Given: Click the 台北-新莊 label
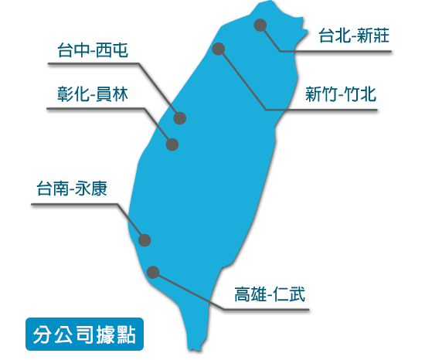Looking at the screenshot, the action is point(354,36).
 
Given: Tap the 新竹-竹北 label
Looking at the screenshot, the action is point(341,94).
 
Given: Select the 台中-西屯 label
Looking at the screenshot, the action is point(93,50).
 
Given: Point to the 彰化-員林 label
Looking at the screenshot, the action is point(93,94).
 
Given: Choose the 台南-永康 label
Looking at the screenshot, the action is point(72,188).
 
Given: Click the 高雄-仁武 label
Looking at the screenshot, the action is point(270,294).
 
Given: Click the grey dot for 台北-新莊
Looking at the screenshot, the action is point(260,25).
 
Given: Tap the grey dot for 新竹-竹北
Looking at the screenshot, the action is point(219,49).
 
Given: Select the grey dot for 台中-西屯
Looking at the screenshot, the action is point(180,118).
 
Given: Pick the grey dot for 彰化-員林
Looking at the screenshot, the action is point(172,144).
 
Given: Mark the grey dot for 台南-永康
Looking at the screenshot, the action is point(144,240).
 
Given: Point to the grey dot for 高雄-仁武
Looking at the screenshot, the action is point(153,272).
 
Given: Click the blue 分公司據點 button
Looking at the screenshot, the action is point(84,335).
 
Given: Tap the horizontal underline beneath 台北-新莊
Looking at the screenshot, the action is point(335,51).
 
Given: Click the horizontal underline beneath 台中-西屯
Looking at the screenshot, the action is point(93,64).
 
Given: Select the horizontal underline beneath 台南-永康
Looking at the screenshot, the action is point(74,204).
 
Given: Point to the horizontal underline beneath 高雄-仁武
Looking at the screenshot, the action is point(266,309).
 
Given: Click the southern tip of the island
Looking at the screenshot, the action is point(194,351).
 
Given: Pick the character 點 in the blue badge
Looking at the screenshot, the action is point(127,335).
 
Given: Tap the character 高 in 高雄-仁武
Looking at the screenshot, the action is point(243,294).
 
